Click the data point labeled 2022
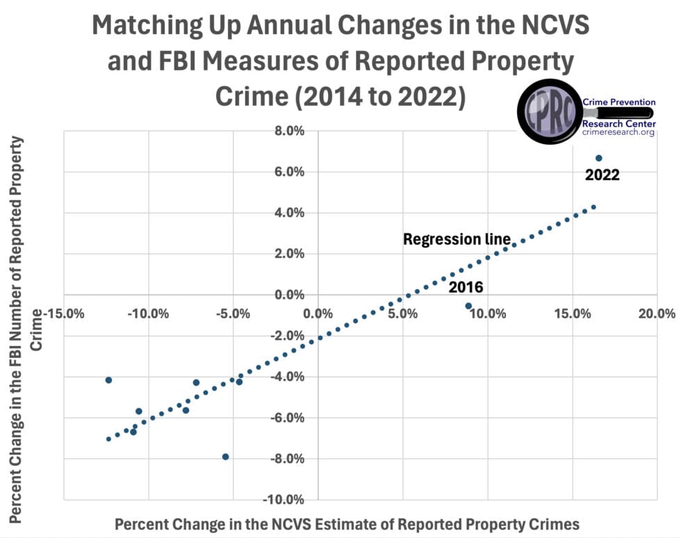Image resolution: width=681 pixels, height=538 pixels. (598, 158)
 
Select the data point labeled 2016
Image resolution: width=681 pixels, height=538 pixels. (468, 306)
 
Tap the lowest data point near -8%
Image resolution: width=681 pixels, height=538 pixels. (226, 457)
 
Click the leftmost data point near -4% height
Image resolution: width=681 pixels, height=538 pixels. (108, 380)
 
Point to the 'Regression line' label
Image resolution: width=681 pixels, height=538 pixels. (457, 240)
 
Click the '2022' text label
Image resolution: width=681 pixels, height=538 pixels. (602, 176)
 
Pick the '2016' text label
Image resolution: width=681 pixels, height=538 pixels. (466, 287)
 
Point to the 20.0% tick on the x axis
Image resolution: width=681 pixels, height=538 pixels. (657, 313)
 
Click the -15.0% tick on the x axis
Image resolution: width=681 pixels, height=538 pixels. (64, 313)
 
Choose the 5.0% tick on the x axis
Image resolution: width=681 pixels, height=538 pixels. (403, 313)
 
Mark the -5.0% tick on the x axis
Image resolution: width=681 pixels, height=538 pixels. (233, 313)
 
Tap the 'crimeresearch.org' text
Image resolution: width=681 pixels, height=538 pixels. (618, 132)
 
